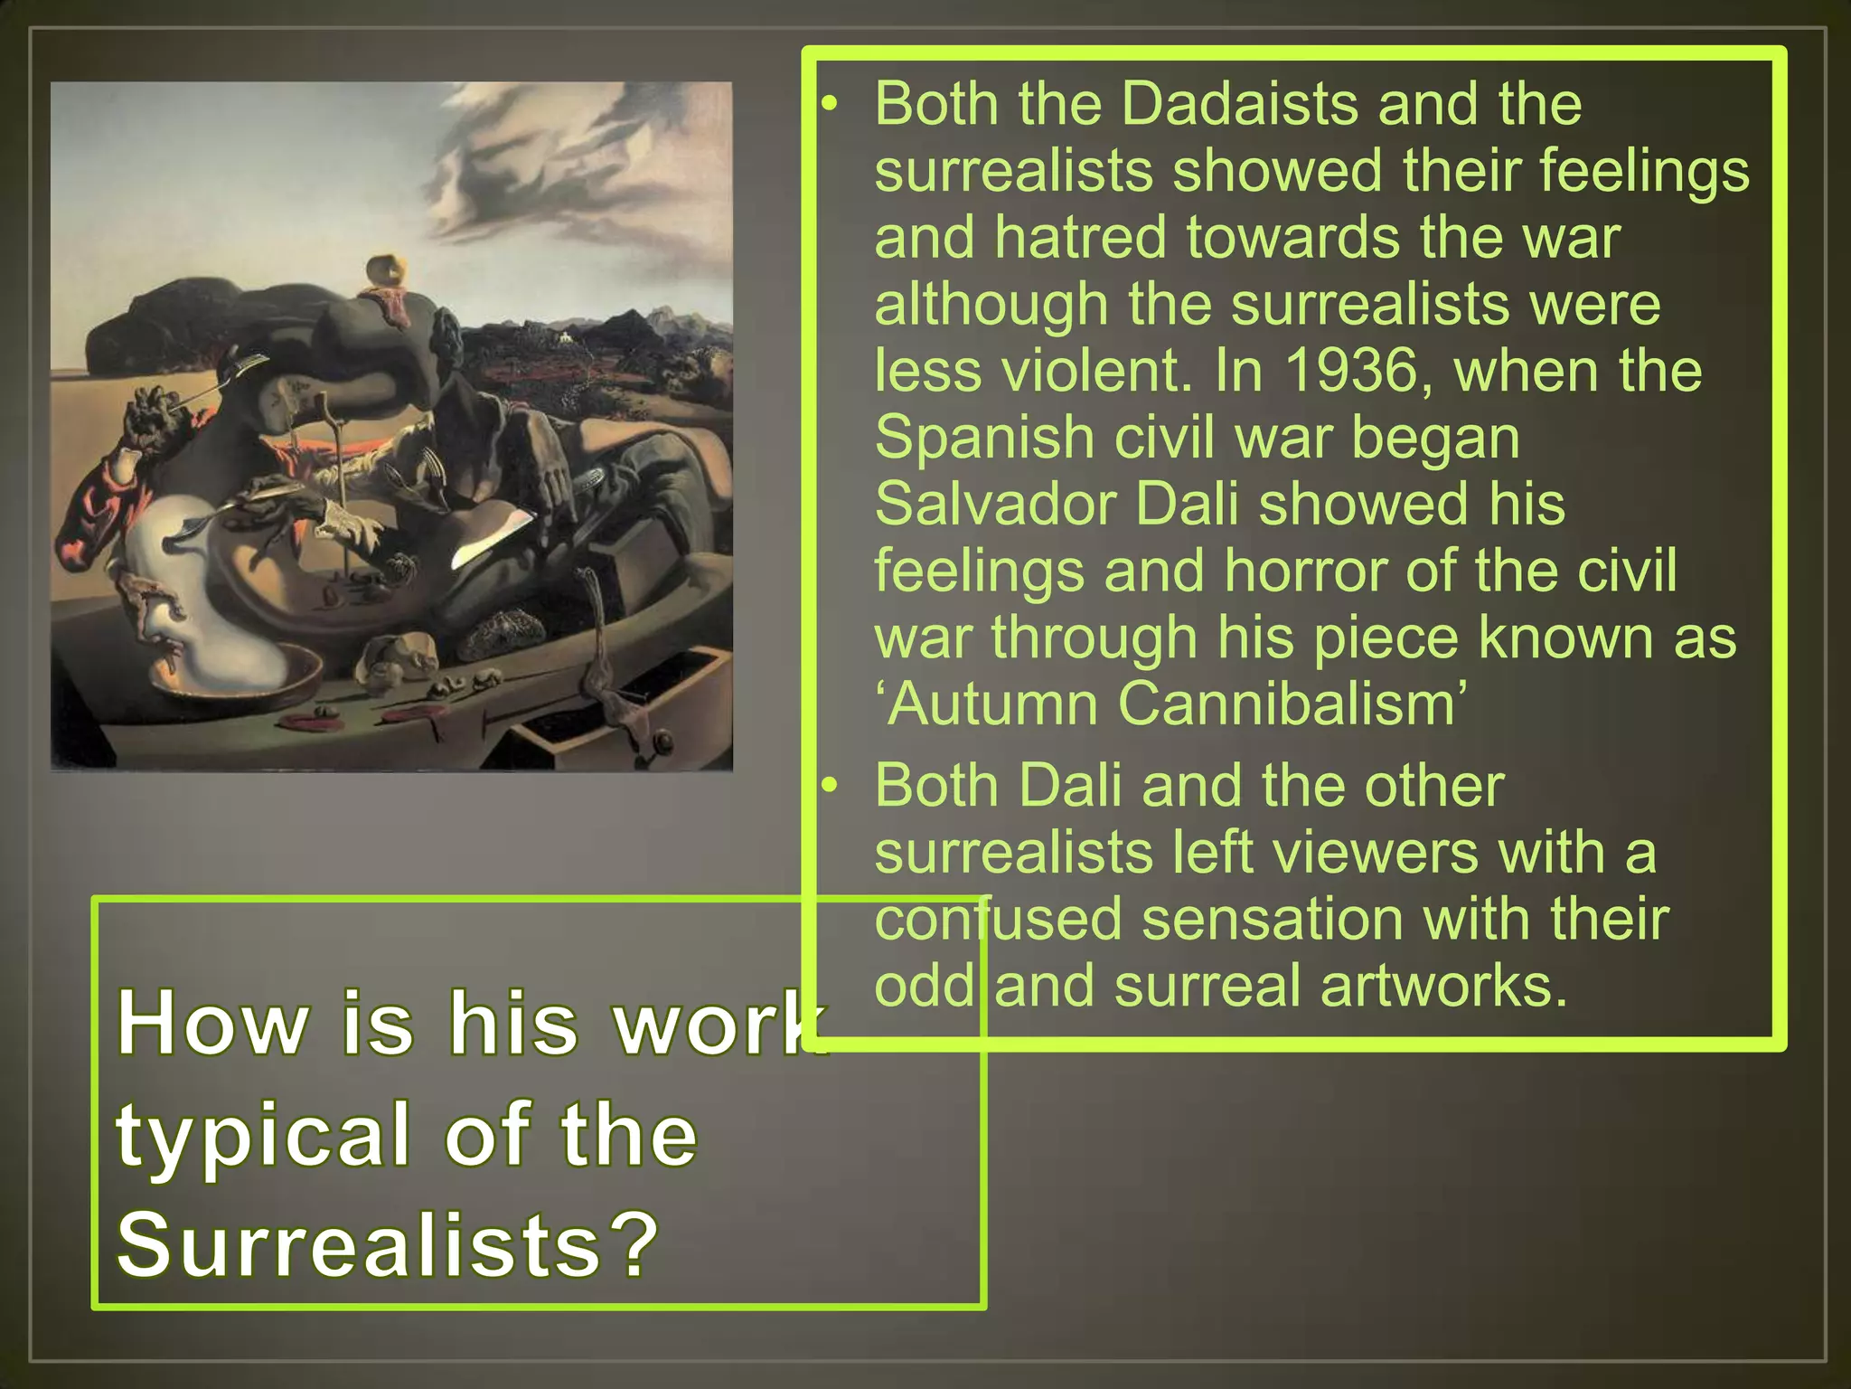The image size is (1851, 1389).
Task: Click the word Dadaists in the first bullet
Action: [x=1238, y=104]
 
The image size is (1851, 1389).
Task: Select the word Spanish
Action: [x=982, y=438]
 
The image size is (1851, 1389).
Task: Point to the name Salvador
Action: [x=993, y=504]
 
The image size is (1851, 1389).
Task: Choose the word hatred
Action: [x=1081, y=238]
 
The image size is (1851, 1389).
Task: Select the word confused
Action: [x=997, y=919]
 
